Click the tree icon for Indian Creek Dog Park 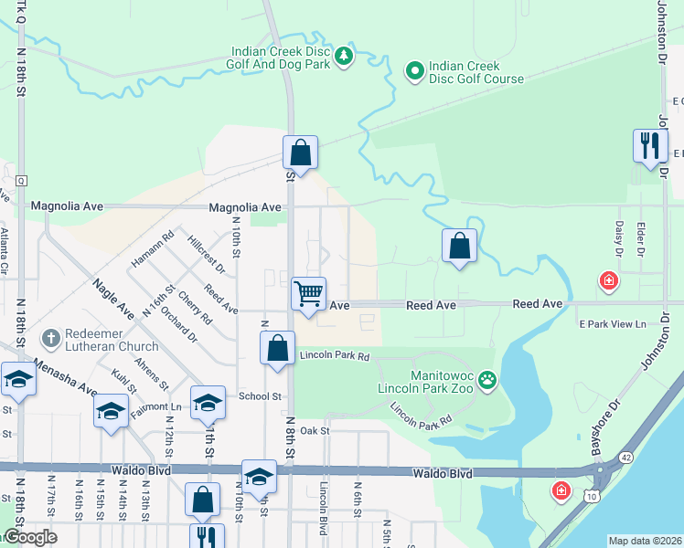click(x=344, y=57)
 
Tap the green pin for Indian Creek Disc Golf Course click(x=413, y=69)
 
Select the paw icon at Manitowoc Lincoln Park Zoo click(x=488, y=379)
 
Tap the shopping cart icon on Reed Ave click(x=308, y=294)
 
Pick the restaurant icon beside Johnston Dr click(x=650, y=146)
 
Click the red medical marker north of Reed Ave click(x=607, y=281)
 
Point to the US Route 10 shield click(x=593, y=521)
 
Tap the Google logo click(x=29, y=537)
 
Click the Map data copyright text click(x=645, y=541)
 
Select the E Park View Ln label click(x=612, y=324)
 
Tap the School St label click(x=260, y=396)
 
